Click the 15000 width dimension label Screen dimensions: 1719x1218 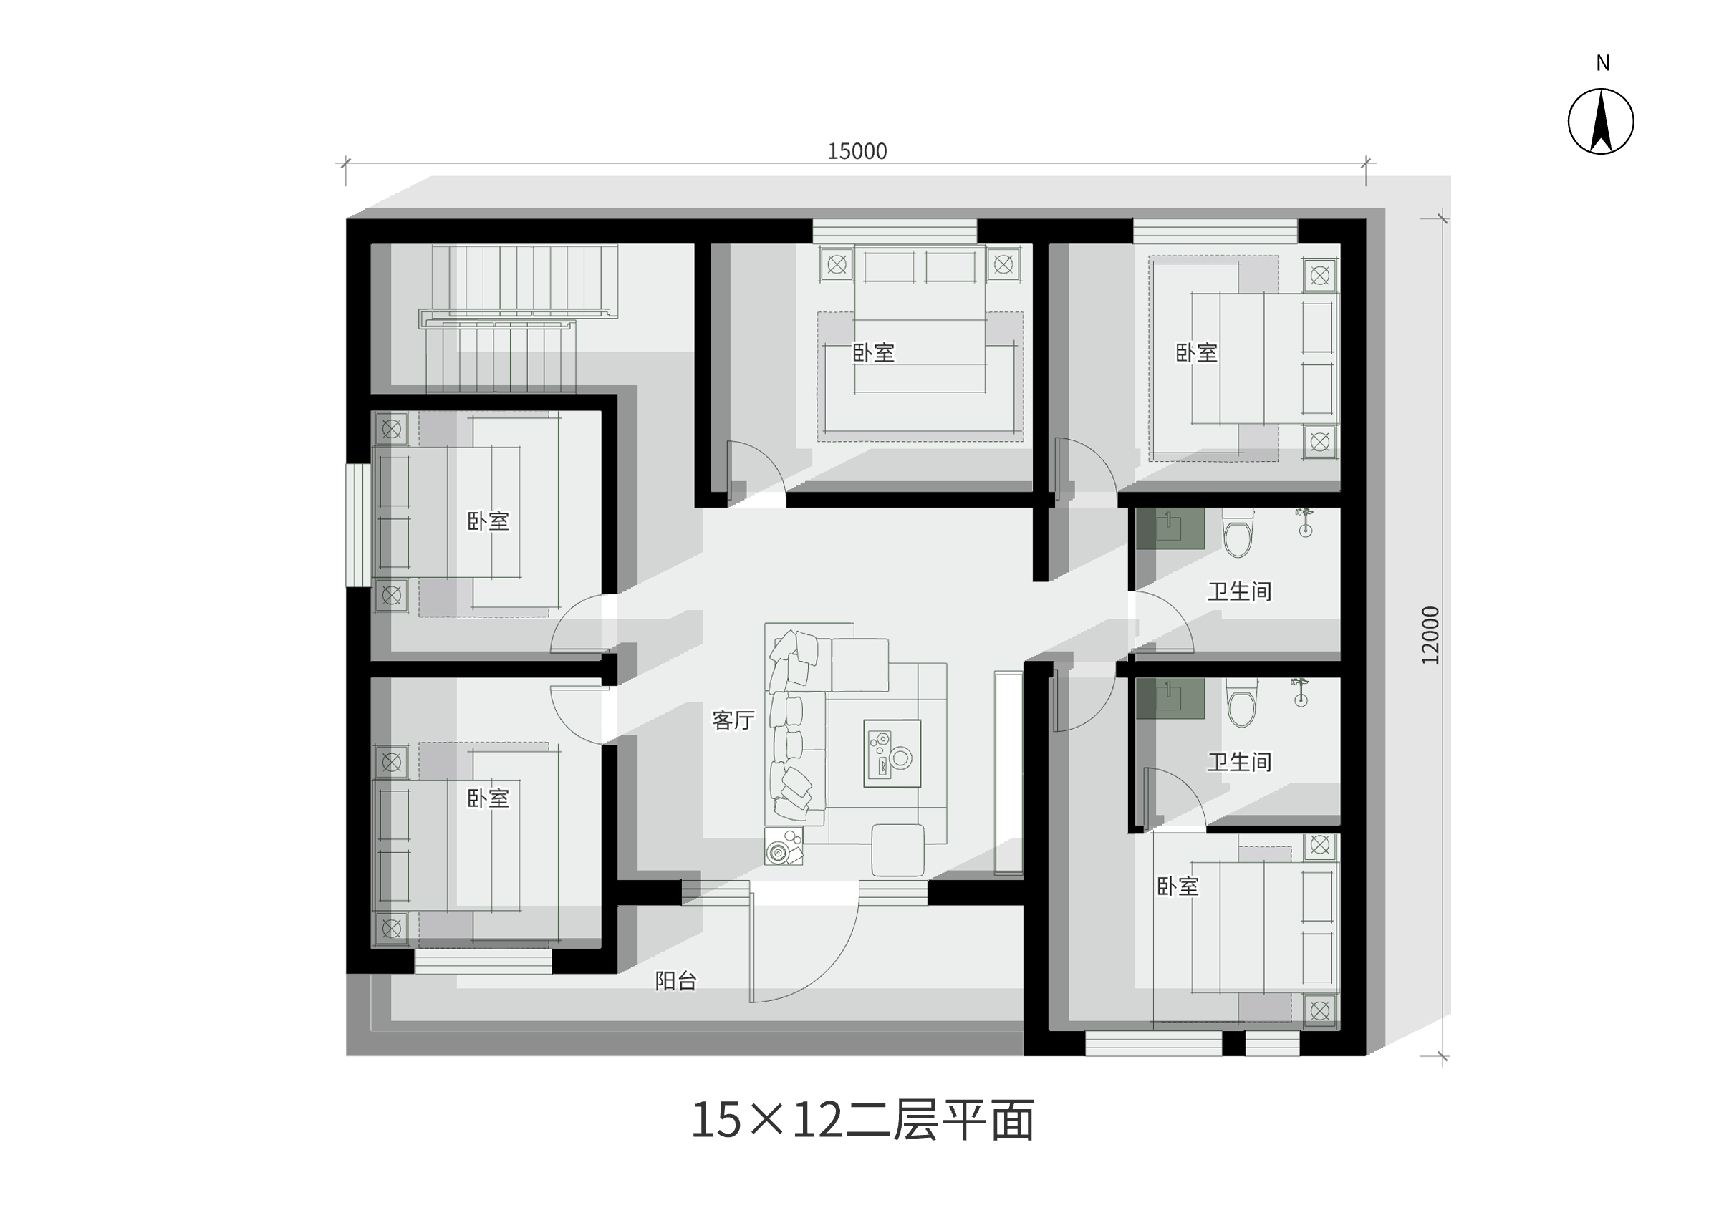click(857, 152)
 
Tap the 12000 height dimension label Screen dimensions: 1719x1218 click(1430, 634)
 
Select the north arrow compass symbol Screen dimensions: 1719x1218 click(1601, 122)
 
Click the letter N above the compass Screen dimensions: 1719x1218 click(1603, 64)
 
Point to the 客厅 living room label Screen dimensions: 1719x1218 click(733, 720)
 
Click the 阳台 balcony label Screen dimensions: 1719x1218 click(675, 981)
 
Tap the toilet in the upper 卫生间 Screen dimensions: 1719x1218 click(1238, 533)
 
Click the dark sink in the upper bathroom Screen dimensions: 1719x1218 click(1170, 528)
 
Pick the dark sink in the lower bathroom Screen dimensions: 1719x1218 click(1170, 698)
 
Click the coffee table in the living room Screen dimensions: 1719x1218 click(892, 753)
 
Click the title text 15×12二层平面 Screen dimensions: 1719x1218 click(862, 1121)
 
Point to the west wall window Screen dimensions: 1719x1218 click(359, 525)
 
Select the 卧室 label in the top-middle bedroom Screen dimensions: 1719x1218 click(874, 352)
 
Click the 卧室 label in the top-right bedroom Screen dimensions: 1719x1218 click(1196, 352)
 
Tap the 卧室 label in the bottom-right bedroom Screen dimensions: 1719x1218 click(1178, 886)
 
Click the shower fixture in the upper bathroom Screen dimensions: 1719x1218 click(1305, 522)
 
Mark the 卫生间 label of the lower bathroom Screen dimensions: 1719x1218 click(1239, 762)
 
